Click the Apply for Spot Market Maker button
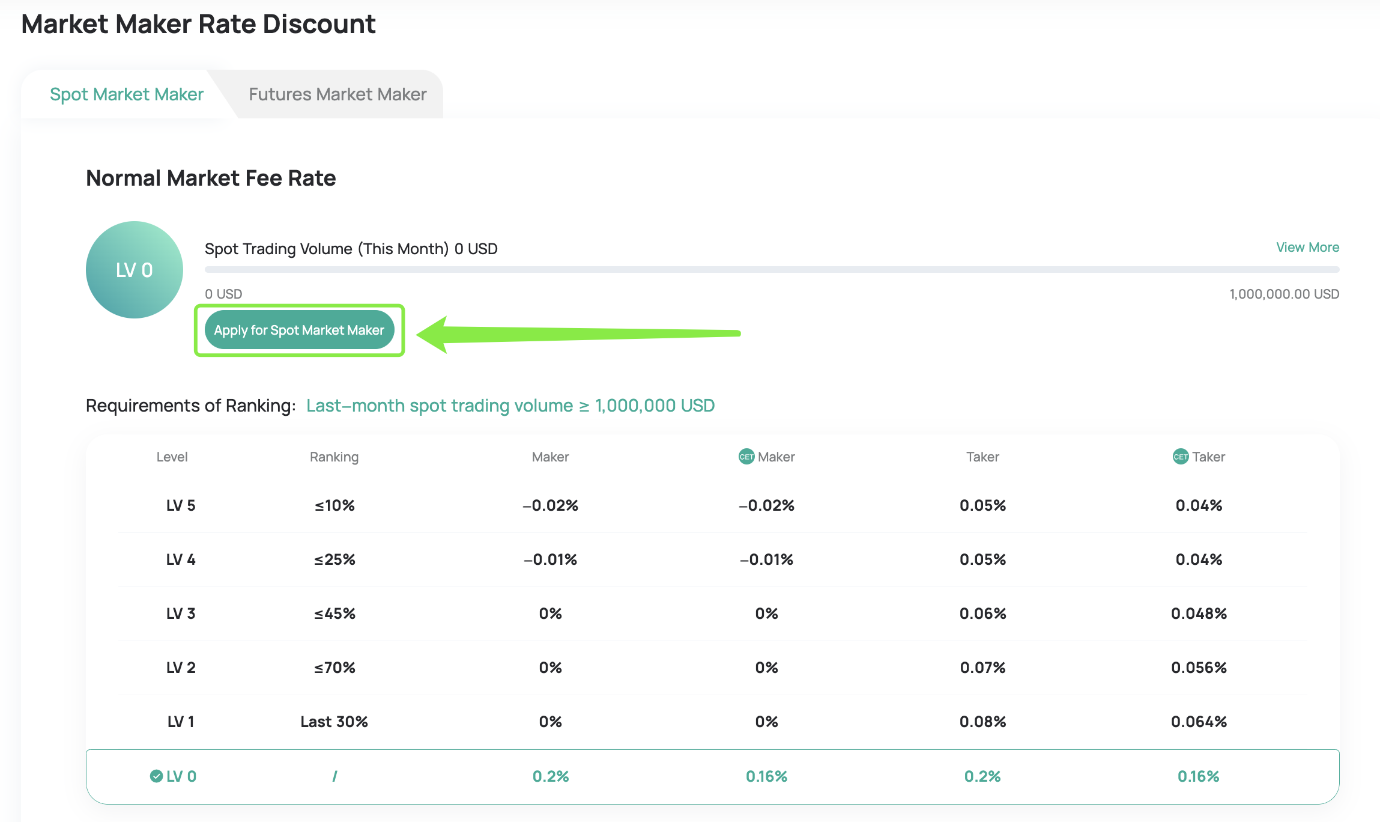[299, 330]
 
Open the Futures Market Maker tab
[337, 94]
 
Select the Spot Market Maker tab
[127, 94]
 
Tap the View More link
[1307, 248]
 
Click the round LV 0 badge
[135, 270]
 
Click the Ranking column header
[334, 457]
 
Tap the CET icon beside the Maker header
[746, 457]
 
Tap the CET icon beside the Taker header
[1180, 457]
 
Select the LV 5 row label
[181, 505]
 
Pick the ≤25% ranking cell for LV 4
[334, 559]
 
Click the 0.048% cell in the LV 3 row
[1199, 613]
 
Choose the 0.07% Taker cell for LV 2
[982, 668]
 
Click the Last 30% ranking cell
[334, 722]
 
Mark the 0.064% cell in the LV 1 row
[1199, 722]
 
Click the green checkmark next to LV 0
[156, 776]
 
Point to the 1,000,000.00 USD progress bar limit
[1284, 294]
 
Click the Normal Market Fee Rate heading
[211, 178]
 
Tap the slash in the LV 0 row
[334, 776]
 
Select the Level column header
[172, 457]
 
